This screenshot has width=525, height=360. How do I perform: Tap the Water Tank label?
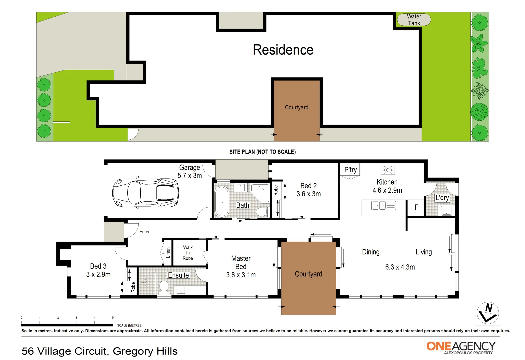(x=414, y=20)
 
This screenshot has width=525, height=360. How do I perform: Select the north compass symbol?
(x=488, y=313)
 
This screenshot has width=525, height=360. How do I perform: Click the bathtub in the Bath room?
(x=222, y=201)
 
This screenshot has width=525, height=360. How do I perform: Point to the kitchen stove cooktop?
(x=388, y=170)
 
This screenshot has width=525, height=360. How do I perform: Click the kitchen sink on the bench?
(x=379, y=205)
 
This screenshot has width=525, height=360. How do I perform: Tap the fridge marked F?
(x=416, y=207)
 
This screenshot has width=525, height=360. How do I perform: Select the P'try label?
(x=350, y=170)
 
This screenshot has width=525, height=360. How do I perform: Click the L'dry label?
(x=442, y=198)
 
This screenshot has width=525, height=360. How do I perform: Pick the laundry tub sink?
(x=446, y=210)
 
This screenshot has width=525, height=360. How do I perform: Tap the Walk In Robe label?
(x=188, y=253)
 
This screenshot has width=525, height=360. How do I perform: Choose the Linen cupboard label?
(x=168, y=252)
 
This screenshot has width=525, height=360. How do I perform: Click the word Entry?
(x=144, y=232)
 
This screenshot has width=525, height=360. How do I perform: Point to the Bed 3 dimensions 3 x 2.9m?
(x=98, y=275)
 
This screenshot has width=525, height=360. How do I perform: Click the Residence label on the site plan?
(x=283, y=50)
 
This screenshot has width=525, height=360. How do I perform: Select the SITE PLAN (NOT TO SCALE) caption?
(x=262, y=152)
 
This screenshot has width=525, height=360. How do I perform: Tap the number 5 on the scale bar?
(x=113, y=318)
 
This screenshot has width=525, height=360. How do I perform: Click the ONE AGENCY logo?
(x=461, y=347)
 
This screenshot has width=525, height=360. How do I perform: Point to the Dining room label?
(x=371, y=252)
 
